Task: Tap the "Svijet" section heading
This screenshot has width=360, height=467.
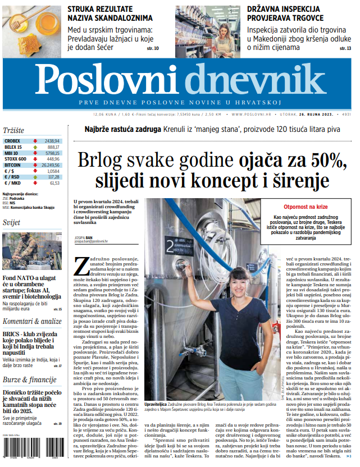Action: click(x=12, y=222)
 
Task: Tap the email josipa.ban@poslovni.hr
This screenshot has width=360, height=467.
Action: click(x=90, y=241)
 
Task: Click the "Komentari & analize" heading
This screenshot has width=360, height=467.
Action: click(x=32, y=321)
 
